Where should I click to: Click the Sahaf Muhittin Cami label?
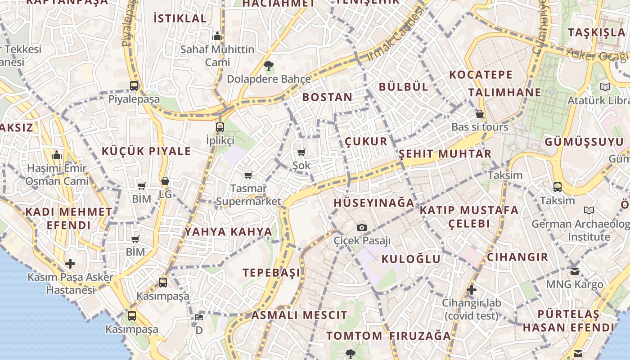[x=217, y=55]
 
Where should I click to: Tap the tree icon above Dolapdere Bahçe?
[x=269, y=66]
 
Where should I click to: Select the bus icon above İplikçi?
[x=220, y=127]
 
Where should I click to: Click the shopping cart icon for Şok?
[x=301, y=153]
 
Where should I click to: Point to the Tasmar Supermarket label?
[x=248, y=194]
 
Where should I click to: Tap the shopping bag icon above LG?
[x=165, y=181]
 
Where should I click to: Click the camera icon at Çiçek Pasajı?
[x=362, y=227]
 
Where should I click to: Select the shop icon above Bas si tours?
[x=480, y=114]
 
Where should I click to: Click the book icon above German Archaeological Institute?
[x=589, y=210]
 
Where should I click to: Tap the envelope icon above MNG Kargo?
[x=575, y=271]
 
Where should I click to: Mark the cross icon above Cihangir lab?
[x=471, y=289]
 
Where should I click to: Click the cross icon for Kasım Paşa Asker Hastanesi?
[x=70, y=263]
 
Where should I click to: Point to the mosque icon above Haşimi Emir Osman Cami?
[x=57, y=155]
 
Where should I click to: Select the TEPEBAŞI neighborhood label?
[x=271, y=273]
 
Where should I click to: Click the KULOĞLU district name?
[x=411, y=259]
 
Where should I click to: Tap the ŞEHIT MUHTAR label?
[x=445, y=154]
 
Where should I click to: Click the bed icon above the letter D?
[x=199, y=317]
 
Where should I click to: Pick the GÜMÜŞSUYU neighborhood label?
[x=585, y=142]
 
